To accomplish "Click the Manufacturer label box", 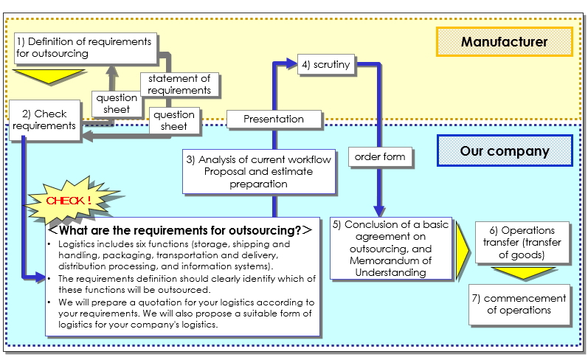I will [x=504, y=41].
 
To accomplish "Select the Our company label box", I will [x=504, y=151].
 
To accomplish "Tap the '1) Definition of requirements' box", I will [x=84, y=47].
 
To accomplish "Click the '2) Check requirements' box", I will [x=44, y=120].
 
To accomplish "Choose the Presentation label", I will [x=274, y=119].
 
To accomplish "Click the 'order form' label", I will [x=379, y=156].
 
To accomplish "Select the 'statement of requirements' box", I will [x=179, y=84].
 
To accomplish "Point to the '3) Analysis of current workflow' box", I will [x=258, y=171].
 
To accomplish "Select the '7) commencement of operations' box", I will [x=519, y=304].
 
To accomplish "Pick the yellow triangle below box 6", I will [x=525, y=273].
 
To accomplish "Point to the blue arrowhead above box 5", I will [x=379, y=211].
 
